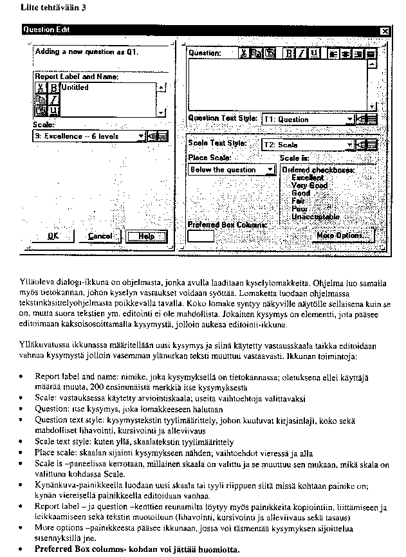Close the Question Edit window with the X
(x=385, y=30)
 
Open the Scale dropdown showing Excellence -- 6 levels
(x=89, y=136)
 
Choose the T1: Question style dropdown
(x=308, y=119)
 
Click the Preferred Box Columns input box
(x=200, y=236)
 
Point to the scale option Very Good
(x=309, y=185)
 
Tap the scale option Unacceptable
(x=315, y=217)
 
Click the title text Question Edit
(x=47, y=30)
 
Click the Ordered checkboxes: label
(x=318, y=170)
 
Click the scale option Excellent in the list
(x=308, y=178)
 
